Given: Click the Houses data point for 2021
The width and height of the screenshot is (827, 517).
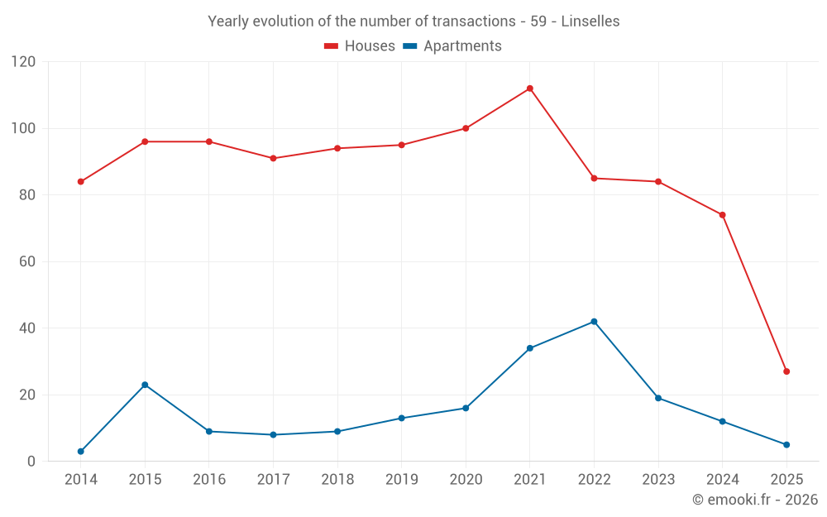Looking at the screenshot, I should tap(529, 89).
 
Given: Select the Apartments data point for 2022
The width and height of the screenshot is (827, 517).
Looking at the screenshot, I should tap(594, 322).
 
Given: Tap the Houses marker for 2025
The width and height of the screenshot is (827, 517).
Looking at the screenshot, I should tap(786, 371).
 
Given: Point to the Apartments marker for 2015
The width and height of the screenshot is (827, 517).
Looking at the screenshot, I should tap(145, 385).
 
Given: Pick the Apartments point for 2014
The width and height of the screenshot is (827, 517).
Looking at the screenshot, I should tap(80, 452).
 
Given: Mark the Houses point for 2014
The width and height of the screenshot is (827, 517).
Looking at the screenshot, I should tap(80, 182).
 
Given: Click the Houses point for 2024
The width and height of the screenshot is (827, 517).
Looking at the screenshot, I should tap(722, 215).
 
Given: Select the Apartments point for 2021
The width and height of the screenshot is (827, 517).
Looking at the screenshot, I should tap(529, 348).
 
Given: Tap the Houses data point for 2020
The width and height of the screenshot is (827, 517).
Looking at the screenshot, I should tap(466, 128).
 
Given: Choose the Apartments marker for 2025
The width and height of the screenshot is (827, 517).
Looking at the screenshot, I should tap(786, 445).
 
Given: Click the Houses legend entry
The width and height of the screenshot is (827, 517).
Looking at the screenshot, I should tap(360, 46).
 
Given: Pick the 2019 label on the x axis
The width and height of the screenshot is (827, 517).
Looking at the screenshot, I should tap(401, 480).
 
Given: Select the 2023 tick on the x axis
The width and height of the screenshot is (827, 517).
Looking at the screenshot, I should tap(658, 480).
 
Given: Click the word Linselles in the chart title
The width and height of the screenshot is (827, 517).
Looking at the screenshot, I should tap(590, 22).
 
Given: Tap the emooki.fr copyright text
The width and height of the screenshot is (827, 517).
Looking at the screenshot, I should tap(754, 500).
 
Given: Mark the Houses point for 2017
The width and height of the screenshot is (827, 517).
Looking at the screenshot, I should tap(273, 158).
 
